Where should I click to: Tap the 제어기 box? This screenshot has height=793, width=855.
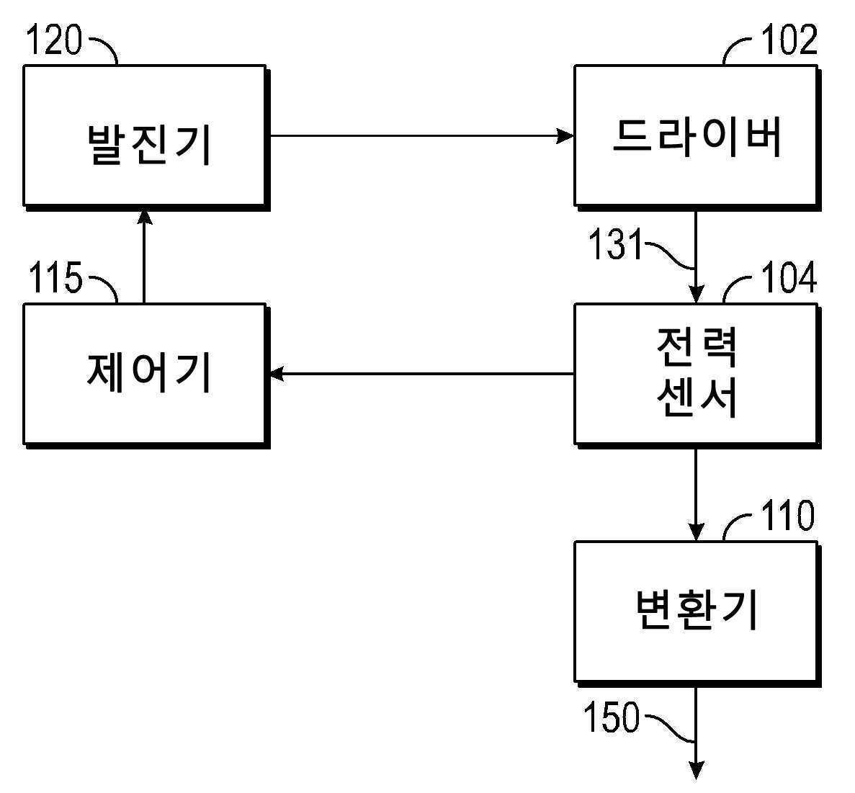tap(144, 373)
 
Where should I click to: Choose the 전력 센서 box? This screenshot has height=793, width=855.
tap(695, 373)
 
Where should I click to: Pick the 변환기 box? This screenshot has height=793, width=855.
tap(695, 611)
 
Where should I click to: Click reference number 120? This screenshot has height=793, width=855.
tap(54, 40)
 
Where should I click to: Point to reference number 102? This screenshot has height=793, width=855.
tap(789, 40)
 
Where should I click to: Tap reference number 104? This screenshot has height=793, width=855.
tap(789, 278)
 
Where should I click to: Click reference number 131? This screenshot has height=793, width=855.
tap(614, 245)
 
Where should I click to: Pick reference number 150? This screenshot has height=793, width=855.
tap(612, 719)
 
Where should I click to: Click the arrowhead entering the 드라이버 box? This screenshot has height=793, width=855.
tap(565, 135)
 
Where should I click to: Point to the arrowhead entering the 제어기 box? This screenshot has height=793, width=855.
tap(277, 373)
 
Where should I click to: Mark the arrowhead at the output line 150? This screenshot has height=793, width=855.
tap(696, 771)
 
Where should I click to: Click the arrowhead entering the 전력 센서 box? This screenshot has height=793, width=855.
tap(696, 295)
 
